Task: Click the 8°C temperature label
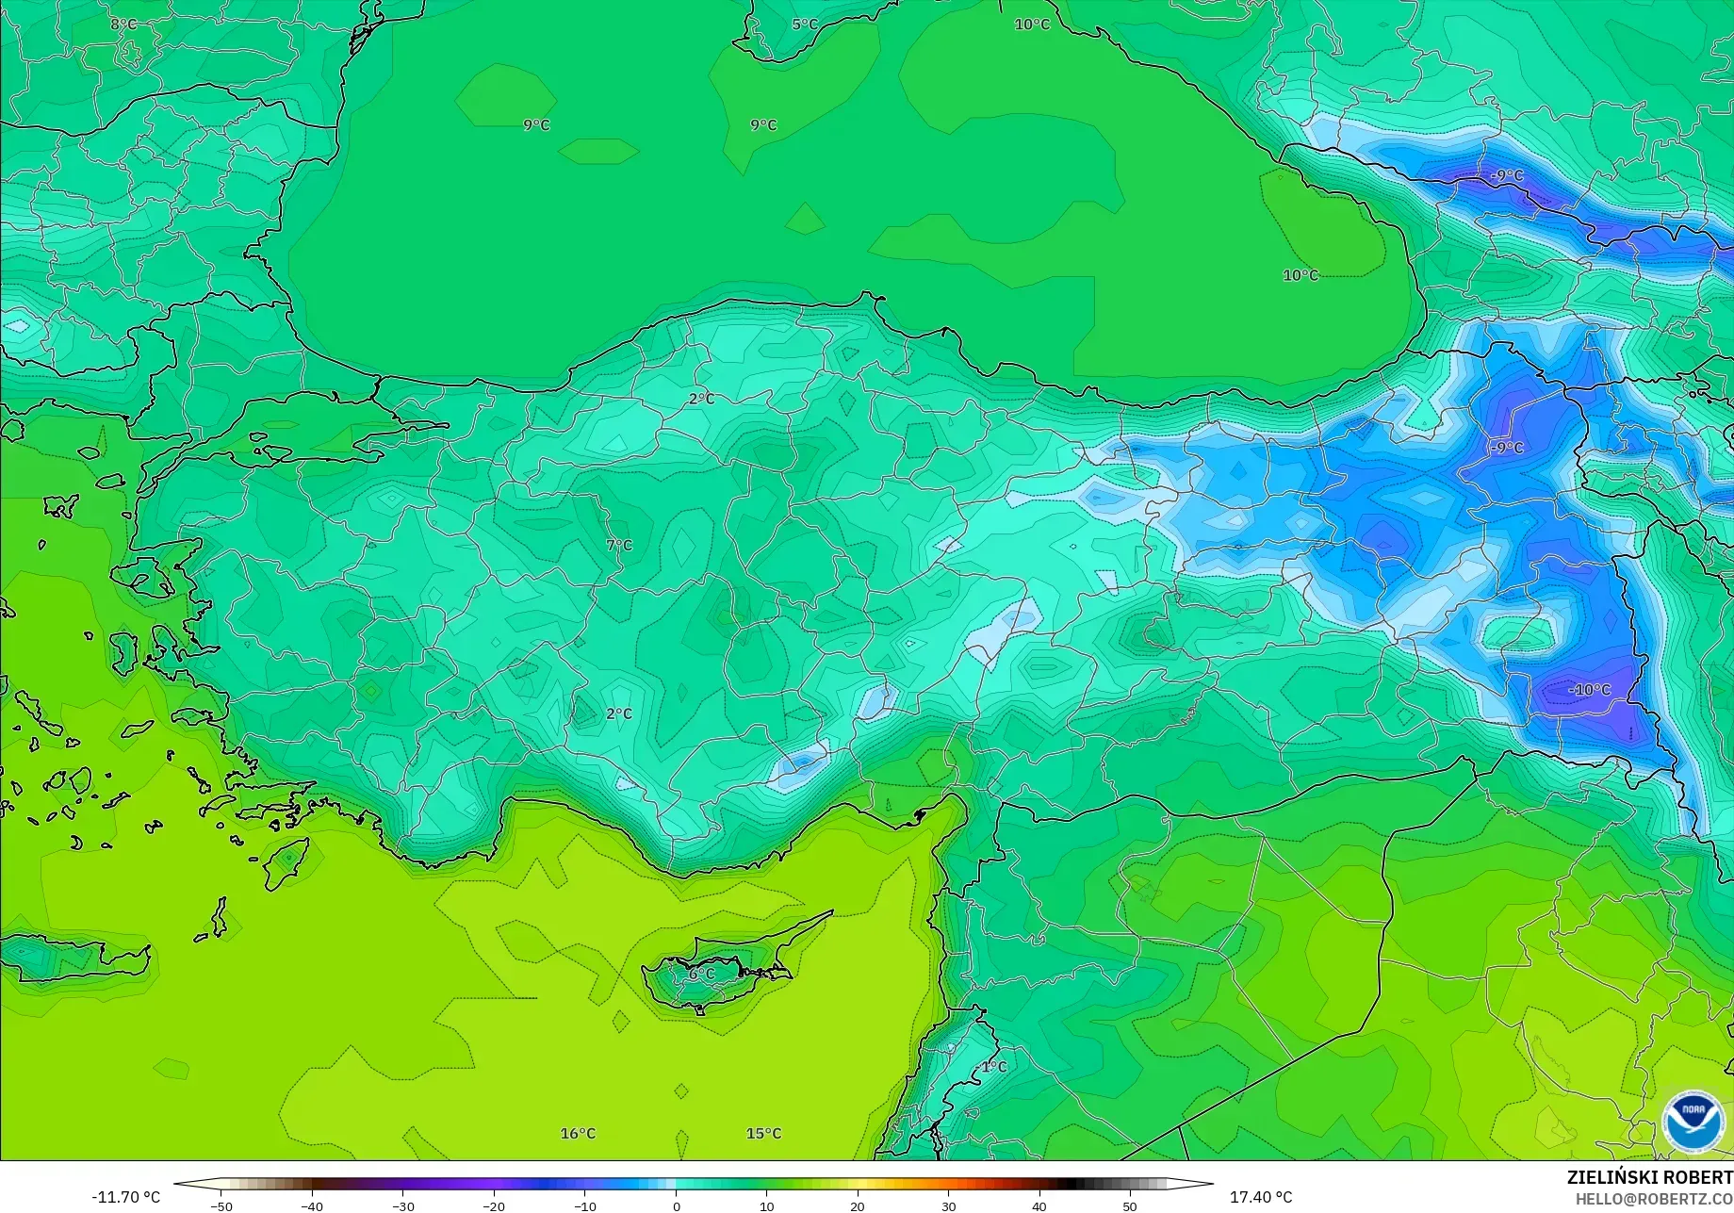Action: point(123,25)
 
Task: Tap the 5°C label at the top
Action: point(805,25)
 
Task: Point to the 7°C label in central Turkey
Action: point(619,546)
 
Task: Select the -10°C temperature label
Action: point(1590,690)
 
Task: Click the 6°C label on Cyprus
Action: point(701,974)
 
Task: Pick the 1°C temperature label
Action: point(994,1067)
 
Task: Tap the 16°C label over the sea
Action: point(578,1133)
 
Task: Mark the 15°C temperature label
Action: point(763,1133)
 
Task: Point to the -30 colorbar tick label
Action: point(402,1206)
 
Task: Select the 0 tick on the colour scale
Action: point(677,1206)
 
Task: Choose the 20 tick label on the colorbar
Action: point(858,1206)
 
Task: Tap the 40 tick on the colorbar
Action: point(1039,1206)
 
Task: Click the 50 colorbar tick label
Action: point(1129,1206)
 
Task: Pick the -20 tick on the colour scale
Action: point(493,1206)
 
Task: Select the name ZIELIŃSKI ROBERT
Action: point(1649,1177)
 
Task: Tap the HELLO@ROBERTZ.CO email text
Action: point(1654,1199)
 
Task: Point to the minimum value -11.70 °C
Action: point(126,1197)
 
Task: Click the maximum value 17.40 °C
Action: point(1261,1197)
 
